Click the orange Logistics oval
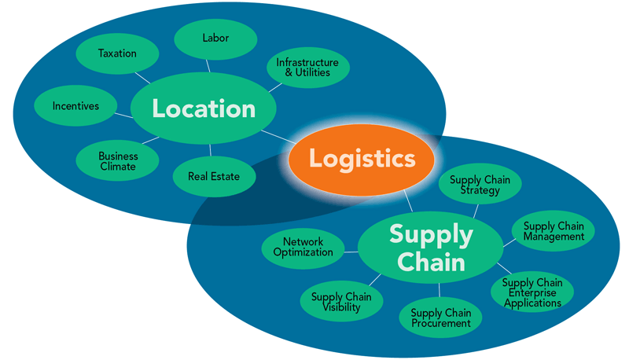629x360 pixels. [362, 160]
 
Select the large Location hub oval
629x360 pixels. [204, 109]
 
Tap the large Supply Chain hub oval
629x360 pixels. [431, 247]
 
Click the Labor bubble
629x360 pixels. [215, 39]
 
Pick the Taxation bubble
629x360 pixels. [117, 54]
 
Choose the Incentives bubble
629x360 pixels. [76, 106]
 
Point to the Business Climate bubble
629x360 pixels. [117, 161]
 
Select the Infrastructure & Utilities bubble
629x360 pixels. [307, 68]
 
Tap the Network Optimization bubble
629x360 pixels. [303, 247]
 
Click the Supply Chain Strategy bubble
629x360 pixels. [480, 186]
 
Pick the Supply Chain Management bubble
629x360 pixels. [554, 231]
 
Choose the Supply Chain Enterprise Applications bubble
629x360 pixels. [532, 292]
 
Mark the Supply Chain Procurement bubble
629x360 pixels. [440, 318]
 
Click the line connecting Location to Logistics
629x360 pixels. [280, 138]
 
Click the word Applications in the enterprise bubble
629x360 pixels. [532, 303]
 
